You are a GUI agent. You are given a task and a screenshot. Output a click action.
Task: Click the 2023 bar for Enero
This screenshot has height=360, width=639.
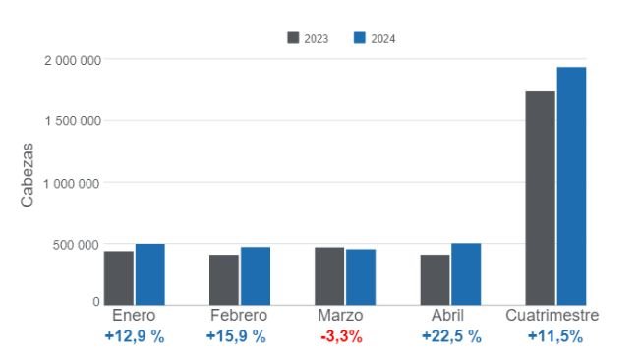[119, 278]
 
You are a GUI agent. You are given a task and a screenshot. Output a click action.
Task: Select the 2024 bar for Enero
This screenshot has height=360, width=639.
[150, 274]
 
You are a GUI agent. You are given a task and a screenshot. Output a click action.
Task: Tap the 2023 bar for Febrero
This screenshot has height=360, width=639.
[224, 280]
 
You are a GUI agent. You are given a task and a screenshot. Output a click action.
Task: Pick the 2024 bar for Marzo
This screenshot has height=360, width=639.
[361, 277]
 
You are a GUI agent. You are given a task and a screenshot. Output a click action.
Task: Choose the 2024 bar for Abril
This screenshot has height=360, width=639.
[466, 274]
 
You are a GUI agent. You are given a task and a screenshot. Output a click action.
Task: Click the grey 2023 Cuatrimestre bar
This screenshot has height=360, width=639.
[540, 198]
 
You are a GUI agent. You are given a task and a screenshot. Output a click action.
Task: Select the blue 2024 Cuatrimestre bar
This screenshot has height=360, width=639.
[571, 186]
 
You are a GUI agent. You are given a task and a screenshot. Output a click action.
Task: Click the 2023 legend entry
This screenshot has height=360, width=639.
[308, 38]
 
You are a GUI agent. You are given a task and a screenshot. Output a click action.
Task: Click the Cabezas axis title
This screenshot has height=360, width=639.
[29, 175]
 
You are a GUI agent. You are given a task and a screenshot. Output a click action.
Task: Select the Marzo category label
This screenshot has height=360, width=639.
[341, 316]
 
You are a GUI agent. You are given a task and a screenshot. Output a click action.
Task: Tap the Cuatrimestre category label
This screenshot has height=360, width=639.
[552, 316]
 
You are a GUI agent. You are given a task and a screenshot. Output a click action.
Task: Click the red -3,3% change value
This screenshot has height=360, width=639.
[341, 336]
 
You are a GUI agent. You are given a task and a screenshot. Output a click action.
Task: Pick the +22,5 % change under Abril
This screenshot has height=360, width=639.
[451, 336]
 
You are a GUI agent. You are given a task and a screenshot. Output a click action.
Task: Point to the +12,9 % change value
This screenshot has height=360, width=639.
[135, 336]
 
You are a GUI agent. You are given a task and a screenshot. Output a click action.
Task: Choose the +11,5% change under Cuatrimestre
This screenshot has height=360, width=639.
[554, 336]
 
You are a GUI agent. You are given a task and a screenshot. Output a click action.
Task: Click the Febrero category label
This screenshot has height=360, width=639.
[238, 316]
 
